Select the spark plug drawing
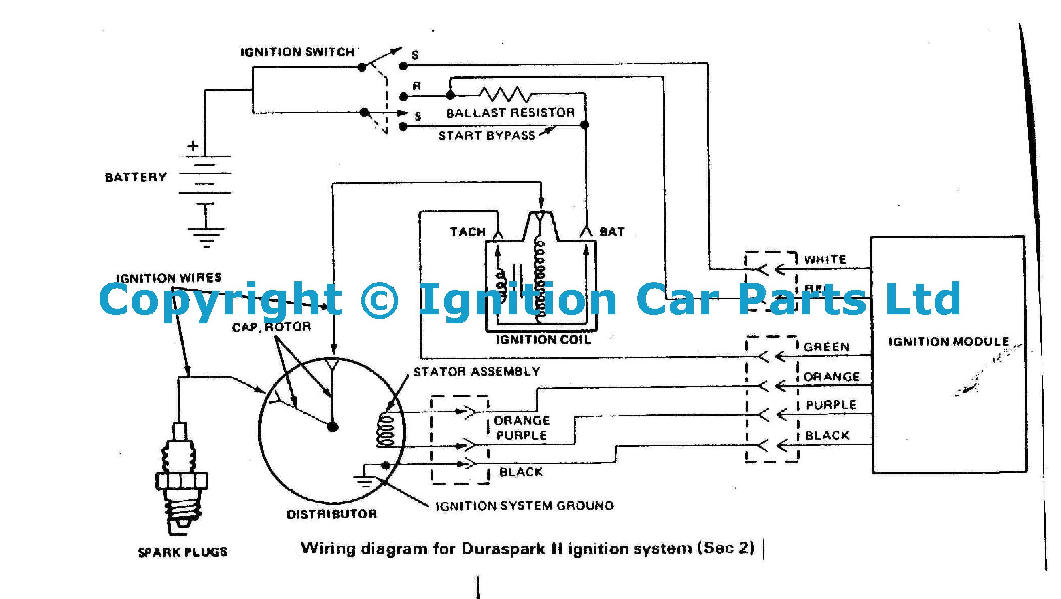click(x=182, y=478)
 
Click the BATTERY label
click(x=136, y=177)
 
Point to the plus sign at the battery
click(x=193, y=146)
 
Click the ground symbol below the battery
click(x=206, y=237)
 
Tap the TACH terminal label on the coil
click(x=468, y=232)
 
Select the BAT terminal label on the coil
click(x=612, y=232)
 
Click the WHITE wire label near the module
click(x=825, y=259)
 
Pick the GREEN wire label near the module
click(x=827, y=347)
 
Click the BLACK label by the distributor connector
click(x=521, y=472)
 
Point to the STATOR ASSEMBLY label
click(x=477, y=372)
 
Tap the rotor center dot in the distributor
click(x=333, y=427)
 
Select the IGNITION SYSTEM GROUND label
click(x=524, y=506)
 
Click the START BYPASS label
click(x=486, y=136)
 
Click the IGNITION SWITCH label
click(x=297, y=52)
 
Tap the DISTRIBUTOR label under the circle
click(x=331, y=514)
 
